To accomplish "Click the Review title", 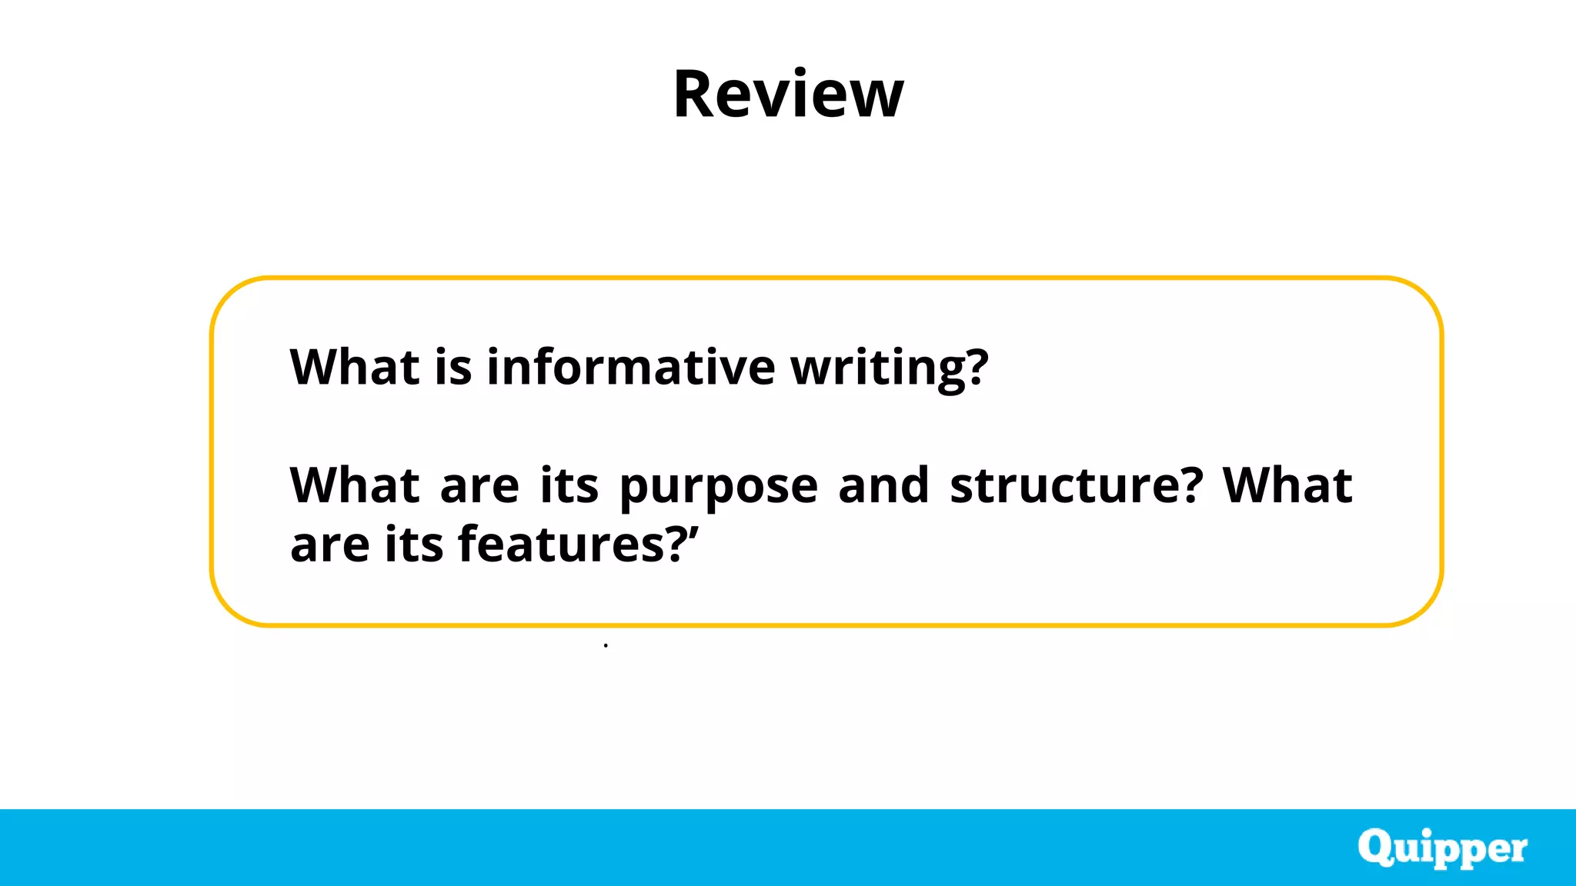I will pyautogui.click(x=788, y=94).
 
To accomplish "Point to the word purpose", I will pyautogui.click(x=718, y=488).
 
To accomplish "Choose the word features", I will pyautogui.click(x=561, y=545).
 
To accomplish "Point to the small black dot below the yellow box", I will pyautogui.click(x=606, y=645).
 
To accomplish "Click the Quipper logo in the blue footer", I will pyautogui.click(x=1442, y=848).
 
